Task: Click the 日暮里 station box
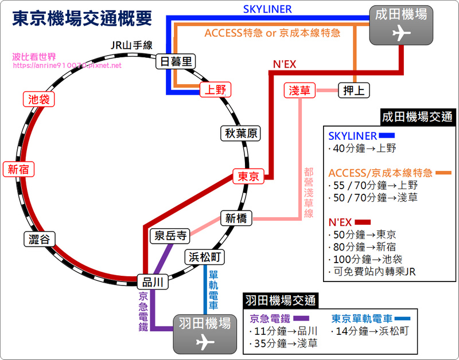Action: point(176,61)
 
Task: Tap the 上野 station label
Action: point(216,90)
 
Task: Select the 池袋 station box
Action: point(39,99)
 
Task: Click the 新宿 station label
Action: point(18,169)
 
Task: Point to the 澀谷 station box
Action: point(39,239)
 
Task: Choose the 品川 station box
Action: point(153,282)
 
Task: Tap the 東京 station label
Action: point(248,177)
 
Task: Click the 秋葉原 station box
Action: point(240,134)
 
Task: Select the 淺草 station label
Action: point(299,90)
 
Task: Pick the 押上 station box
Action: point(354,90)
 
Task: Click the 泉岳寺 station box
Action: point(170,236)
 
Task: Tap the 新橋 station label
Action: point(236,218)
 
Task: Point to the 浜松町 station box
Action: point(205,257)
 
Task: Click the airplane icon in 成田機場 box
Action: point(401,33)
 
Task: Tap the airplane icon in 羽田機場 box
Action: point(205,342)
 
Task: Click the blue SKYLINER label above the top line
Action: point(267,9)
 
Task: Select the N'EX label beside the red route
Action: point(285,64)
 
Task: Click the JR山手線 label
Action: point(131,45)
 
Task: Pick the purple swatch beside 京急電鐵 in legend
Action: point(301,319)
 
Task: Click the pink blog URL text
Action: point(67,65)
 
